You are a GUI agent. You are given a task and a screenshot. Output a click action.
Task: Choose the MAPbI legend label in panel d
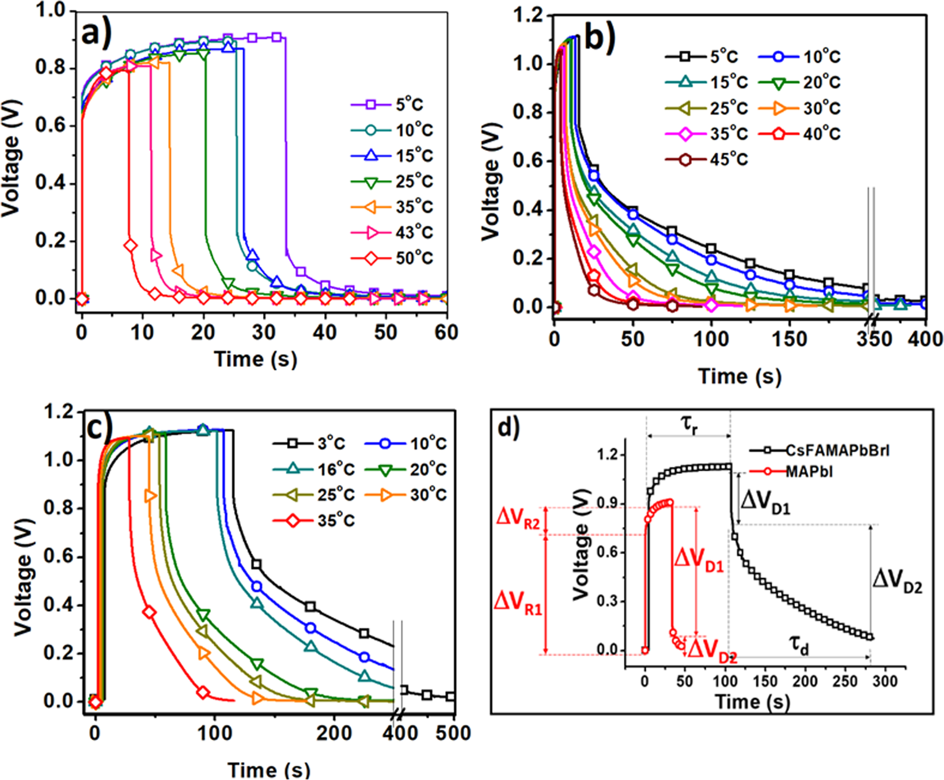coord(809,472)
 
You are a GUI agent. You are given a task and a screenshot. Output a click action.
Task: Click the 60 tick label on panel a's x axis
coord(445,332)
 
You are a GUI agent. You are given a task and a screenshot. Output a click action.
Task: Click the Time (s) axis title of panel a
coord(256,359)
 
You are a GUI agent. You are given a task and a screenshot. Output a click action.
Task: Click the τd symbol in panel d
coord(799,645)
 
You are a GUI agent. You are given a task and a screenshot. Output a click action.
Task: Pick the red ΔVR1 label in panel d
coord(518,603)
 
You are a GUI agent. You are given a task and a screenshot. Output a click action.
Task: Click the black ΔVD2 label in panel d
coord(897,580)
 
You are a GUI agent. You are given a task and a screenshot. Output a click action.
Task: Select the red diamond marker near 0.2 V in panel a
coord(130,246)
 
